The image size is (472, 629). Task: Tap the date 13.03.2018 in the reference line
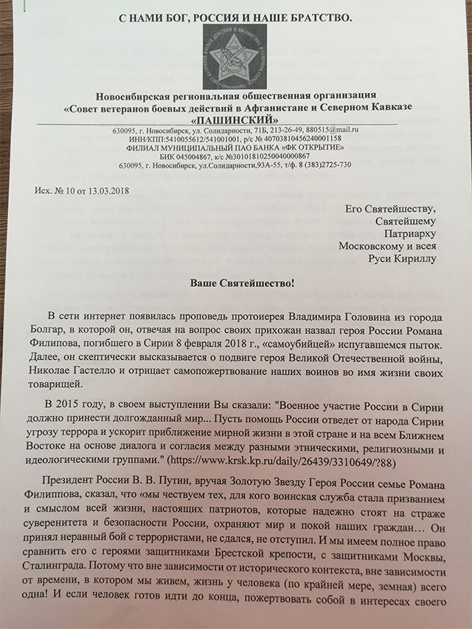[x=112, y=190]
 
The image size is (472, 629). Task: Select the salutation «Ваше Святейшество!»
[x=235, y=284]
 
